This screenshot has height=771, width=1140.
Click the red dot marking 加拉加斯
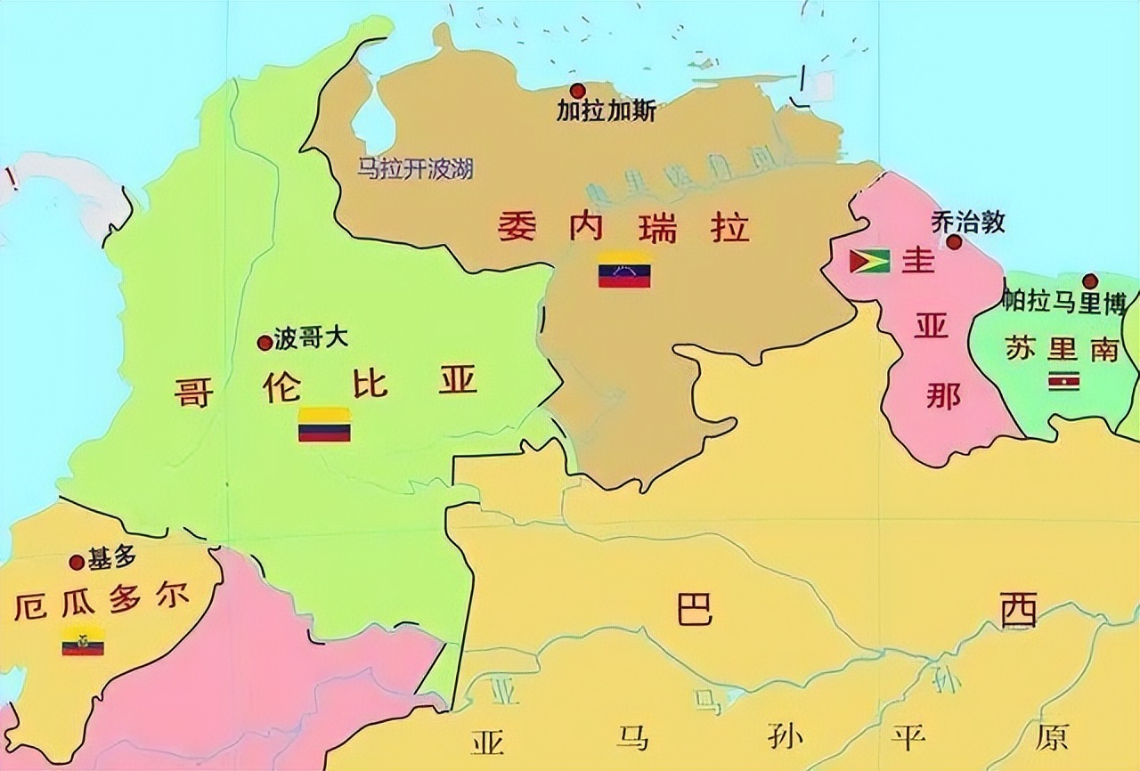click(x=578, y=90)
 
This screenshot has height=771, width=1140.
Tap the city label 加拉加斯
click(x=607, y=111)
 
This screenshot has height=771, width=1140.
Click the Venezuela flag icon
click(x=623, y=270)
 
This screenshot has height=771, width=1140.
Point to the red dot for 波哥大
click(x=265, y=342)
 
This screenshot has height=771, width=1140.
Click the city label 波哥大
click(x=311, y=339)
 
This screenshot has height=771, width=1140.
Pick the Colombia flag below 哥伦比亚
click(x=324, y=425)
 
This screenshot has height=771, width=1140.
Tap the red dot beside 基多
click(x=77, y=562)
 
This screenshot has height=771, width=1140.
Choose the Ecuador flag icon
click(x=83, y=641)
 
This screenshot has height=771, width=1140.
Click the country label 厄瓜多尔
click(x=102, y=607)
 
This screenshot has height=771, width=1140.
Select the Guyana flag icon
click(x=869, y=261)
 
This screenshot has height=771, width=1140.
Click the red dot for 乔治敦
click(x=954, y=241)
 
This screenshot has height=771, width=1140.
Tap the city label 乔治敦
click(x=968, y=222)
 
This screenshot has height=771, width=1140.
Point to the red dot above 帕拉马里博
click(x=1090, y=281)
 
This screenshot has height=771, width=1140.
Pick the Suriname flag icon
click(x=1064, y=382)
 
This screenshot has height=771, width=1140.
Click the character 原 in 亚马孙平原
click(x=1052, y=738)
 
